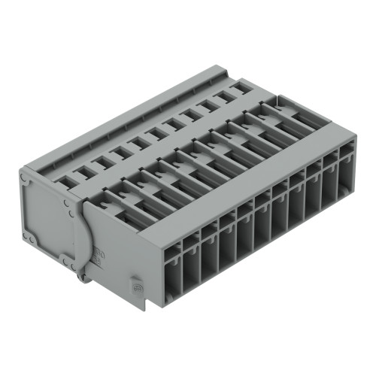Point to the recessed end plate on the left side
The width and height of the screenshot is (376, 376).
point(47,218)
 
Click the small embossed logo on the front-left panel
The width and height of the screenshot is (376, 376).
point(137,287)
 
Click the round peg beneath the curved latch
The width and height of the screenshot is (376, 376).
point(80,279)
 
